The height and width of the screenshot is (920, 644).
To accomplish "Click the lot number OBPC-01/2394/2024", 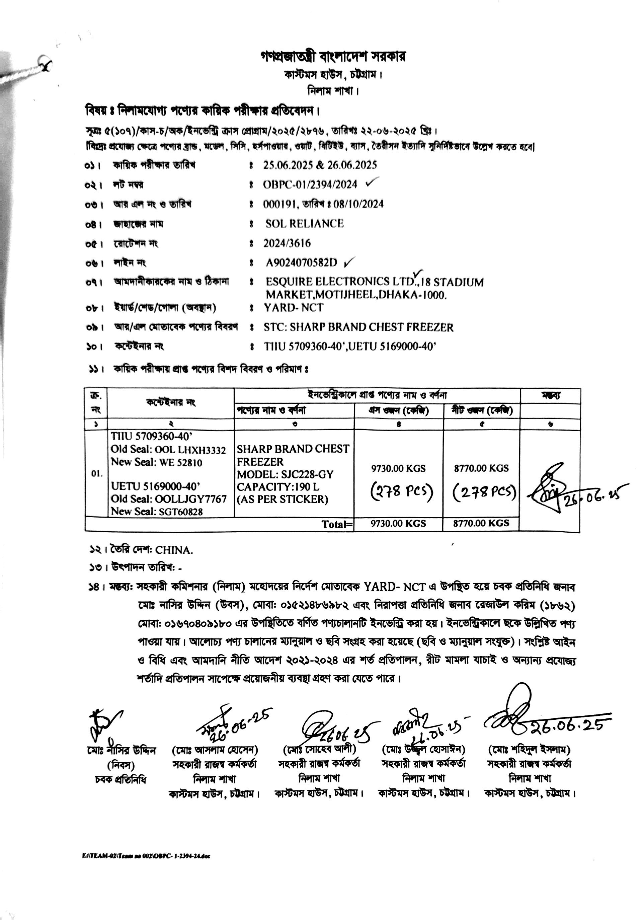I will click(x=310, y=184).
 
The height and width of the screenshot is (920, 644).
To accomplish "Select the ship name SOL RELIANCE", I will click(x=304, y=224).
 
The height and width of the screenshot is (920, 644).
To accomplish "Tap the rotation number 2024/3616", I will click(x=287, y=243).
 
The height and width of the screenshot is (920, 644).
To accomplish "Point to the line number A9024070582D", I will click(x=302, y=263).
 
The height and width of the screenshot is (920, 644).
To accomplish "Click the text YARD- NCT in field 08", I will click(x=294, y=308).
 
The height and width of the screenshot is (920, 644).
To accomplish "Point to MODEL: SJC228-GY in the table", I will click(x=285, y=474).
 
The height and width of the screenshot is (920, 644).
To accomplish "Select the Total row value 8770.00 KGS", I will click(x=481, y=523).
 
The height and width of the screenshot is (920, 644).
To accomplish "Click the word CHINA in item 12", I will click(x=174, y=550).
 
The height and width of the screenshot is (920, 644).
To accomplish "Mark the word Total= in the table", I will click(x=337, y=524).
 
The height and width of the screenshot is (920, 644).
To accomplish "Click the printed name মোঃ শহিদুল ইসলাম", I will click(x=529, y=749).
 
